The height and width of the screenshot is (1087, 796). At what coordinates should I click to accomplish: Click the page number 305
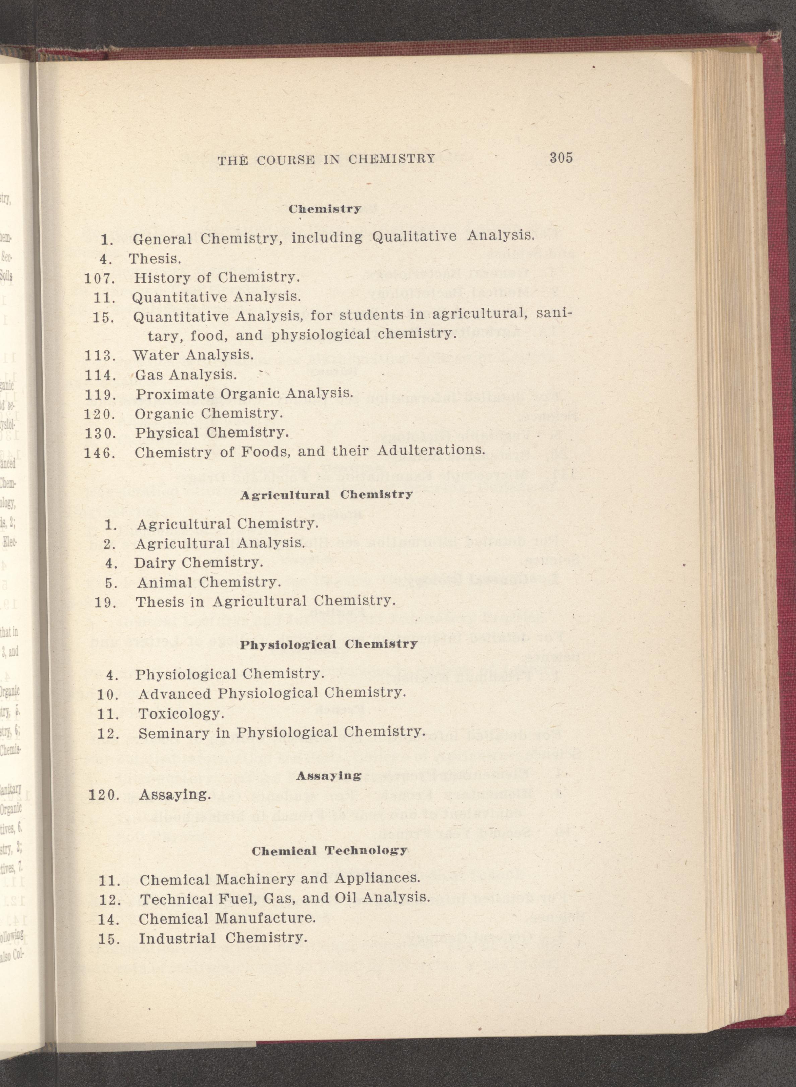561,158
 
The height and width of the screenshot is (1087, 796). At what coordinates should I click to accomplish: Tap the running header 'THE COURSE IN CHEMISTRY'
326,159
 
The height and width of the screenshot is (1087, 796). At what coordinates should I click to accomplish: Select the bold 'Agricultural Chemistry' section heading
326,495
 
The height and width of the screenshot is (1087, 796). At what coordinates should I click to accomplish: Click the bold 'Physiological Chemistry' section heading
328,644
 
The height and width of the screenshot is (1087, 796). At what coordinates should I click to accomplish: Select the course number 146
99,453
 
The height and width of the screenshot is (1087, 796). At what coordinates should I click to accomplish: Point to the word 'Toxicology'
181,713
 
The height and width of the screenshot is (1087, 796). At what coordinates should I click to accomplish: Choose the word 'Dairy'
152,562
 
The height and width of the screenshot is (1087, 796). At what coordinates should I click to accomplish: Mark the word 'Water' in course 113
156,355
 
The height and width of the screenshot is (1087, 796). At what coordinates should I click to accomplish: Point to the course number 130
99,433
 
